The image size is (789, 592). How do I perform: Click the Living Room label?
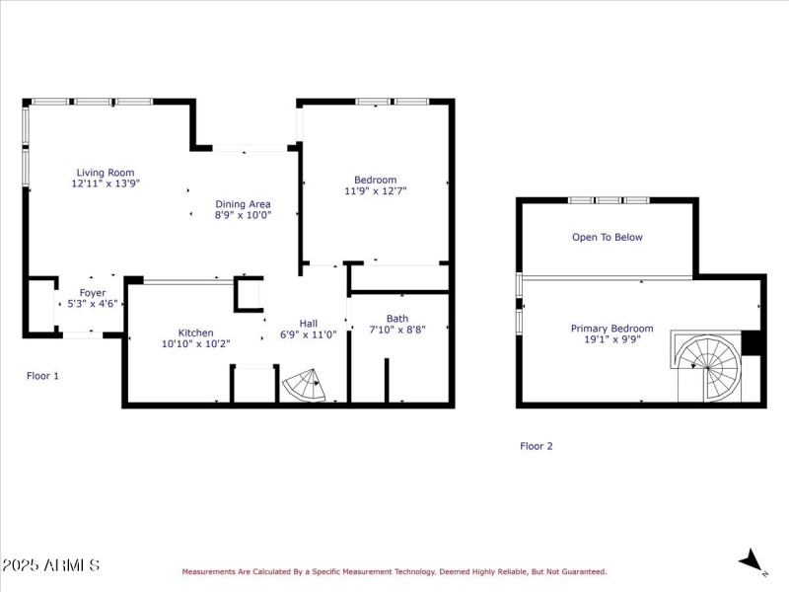105,173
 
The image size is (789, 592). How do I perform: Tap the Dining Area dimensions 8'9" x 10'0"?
243,214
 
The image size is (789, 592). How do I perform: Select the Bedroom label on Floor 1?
375,180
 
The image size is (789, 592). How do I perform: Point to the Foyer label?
93,293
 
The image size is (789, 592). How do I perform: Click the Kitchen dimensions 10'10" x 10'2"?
195,344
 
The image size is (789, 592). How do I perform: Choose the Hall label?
309,323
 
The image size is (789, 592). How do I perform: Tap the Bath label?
397,319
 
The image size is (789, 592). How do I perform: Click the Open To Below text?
608,237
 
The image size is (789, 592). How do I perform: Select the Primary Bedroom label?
611,329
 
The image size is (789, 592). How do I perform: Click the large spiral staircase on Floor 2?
708,365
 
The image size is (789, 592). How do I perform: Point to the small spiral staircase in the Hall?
304,386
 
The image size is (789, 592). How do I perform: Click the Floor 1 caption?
42,375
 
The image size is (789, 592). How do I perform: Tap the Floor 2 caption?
537,446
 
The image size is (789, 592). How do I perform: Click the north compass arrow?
753,560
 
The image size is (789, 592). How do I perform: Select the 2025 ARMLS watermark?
50,565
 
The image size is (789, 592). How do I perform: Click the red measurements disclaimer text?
394,571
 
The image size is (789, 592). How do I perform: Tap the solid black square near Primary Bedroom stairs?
753,341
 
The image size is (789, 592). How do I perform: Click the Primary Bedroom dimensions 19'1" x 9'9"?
611,340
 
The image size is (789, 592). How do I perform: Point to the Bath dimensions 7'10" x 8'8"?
397,331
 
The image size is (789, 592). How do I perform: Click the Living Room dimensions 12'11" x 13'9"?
105,184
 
